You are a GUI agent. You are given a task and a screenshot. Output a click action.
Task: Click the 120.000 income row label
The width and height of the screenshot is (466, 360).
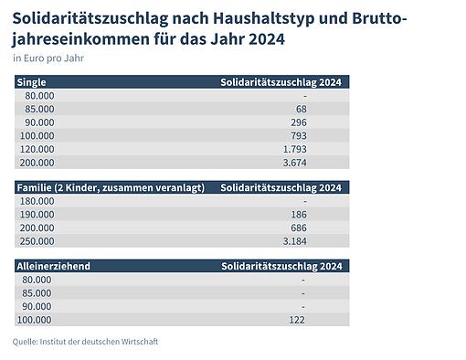pos(39,149)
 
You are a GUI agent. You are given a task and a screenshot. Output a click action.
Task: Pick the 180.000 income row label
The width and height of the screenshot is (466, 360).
pos(39,200)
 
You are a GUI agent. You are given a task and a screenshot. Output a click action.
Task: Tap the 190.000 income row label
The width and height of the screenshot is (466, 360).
pos(39,214)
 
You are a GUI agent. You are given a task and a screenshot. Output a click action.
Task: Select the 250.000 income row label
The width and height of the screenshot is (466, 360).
pos(39,240)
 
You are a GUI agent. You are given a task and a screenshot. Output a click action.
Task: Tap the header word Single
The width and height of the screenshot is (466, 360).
pos(32,82)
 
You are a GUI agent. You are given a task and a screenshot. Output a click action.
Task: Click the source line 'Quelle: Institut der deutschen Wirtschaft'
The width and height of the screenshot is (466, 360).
pos(85,342)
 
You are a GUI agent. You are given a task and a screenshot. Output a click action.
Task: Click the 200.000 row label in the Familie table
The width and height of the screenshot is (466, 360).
pos(39,227)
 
